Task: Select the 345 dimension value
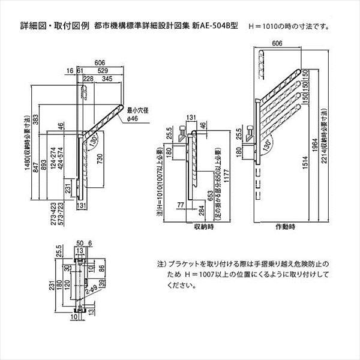[x=108, y=79]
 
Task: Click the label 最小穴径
[x=137, y=110]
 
